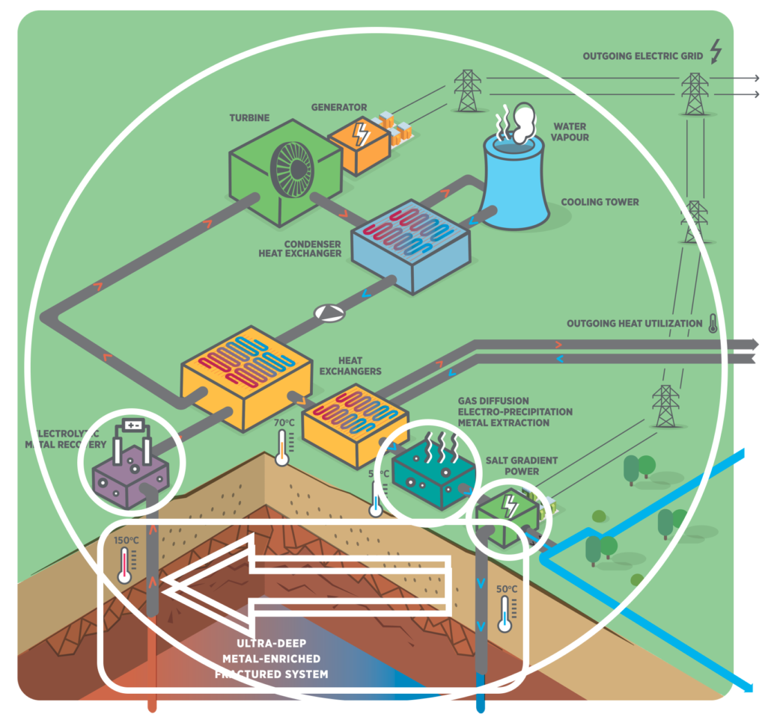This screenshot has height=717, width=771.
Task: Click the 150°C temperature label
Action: (x=126, y=540)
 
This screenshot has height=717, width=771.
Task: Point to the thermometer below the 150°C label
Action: (x=125, y=566)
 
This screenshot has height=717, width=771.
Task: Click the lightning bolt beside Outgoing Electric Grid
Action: (x=716, y=52)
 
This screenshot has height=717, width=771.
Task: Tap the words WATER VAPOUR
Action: (x=569, y=132)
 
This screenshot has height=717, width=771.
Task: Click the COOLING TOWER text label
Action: (x=600, y=202)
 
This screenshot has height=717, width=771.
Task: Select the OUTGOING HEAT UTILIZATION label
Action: (x=634, y=324)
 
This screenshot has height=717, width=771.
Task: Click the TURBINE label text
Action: (x=249, y=118)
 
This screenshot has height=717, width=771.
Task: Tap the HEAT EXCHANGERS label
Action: (x=350, y=366)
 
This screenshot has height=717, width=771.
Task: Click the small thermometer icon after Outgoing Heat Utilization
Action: (x=712, y=324)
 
